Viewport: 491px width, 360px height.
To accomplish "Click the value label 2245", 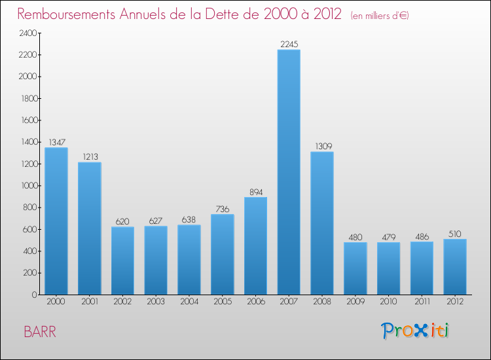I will coord(289,45).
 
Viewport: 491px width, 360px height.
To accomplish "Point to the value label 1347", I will coord(56,142).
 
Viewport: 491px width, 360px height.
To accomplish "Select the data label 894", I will coord(255,192).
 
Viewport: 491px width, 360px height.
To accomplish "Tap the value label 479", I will coord(388,238).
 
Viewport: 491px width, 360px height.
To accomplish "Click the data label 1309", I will coord(322,147).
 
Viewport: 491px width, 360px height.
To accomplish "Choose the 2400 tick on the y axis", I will coord(27,33).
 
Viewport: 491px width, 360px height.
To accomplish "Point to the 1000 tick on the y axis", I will coord(27,186).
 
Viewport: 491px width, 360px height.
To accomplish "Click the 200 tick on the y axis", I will coord(29,273).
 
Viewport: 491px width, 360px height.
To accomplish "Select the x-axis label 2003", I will coord(156,302).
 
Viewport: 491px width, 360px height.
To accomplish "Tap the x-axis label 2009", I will coord(355,302).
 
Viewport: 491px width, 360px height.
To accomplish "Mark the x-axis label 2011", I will coord(422,302).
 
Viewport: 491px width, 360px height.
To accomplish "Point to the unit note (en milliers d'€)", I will coord(379,15).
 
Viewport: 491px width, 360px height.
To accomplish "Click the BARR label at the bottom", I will coord(40,331).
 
